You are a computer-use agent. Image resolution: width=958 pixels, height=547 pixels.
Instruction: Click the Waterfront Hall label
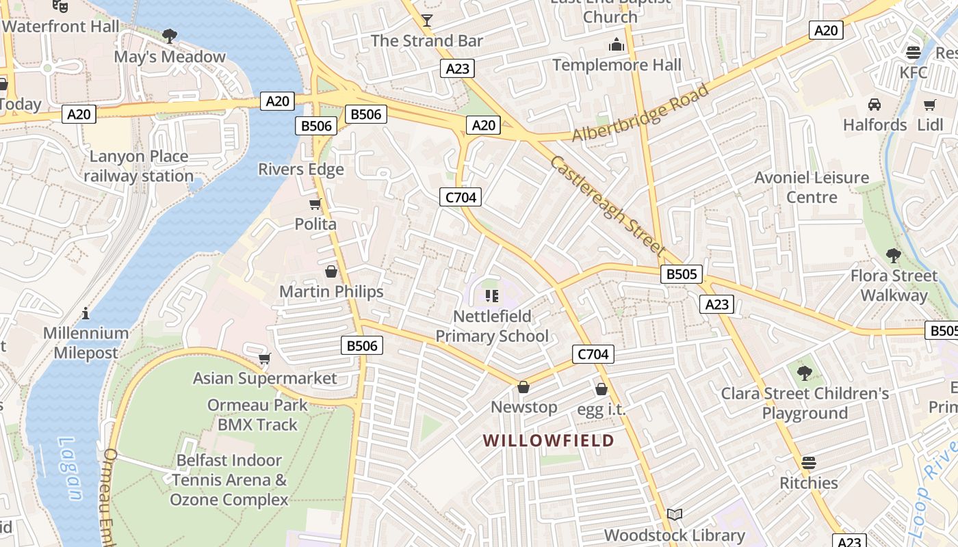pos(60,27)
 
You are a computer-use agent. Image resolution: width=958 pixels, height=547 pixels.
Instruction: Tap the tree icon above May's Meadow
pos(170,36)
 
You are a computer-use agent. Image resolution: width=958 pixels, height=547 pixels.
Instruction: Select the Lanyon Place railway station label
pos(139,166)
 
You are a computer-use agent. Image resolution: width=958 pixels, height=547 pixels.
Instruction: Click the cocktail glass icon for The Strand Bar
pos(427,20)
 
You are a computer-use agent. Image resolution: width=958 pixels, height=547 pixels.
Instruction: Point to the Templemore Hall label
pos(617,65)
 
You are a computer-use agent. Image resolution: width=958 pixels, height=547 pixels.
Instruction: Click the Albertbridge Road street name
pos(640,114)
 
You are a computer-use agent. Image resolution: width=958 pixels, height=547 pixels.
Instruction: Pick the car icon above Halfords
pos(875,105)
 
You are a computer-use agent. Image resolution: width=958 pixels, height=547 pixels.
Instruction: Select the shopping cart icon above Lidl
pos(929,105)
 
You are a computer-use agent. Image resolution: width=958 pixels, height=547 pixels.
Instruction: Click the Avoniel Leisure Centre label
pos(812,187)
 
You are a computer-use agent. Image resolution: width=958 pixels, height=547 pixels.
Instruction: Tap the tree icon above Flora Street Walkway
pos(893,256)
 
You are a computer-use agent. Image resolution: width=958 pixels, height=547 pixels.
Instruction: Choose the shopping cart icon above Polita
pos(315,204)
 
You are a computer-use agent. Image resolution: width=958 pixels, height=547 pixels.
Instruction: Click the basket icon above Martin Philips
pos(331,271)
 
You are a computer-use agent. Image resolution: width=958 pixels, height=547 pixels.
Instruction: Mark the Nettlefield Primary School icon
pos(491,296)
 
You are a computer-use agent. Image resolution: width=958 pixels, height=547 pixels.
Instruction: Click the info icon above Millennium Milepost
pos(86,313)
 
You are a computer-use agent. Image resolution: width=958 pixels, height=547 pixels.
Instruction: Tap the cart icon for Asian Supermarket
pos(265,358)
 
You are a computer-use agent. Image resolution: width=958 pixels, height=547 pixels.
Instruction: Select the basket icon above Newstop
pos(523,387)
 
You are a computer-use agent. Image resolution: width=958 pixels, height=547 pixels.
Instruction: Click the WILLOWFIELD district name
pos(549,440)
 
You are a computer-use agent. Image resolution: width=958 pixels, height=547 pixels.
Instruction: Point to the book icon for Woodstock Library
pos(675,514)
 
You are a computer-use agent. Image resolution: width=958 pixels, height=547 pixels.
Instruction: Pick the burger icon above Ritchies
pos(808,462)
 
